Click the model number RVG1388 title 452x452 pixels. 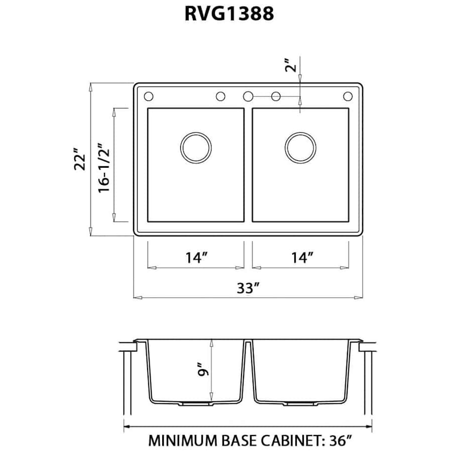tap(230, 13)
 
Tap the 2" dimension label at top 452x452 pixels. tap(290, 65)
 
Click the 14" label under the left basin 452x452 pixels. tap(196, 258)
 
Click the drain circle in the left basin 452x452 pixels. tap(196, 148)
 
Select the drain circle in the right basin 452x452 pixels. tap(300, 148)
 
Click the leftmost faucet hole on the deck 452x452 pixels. tap(148, 96)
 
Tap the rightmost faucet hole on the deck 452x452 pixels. tap(348, 96)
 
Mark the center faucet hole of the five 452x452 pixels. tap(248, 96)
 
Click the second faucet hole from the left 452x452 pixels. tap(220, 96)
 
